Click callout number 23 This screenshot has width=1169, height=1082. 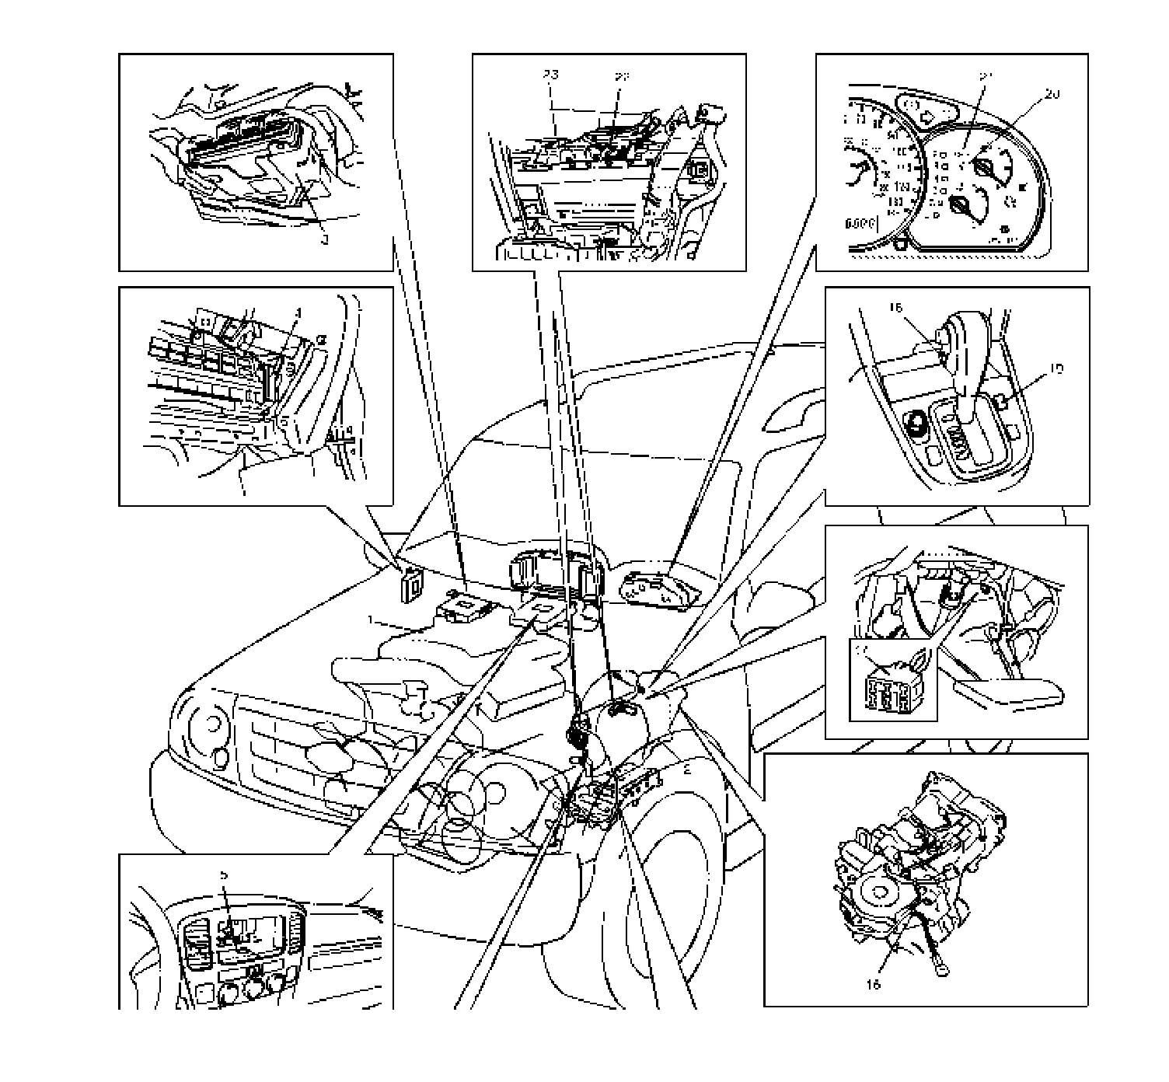point(551,76)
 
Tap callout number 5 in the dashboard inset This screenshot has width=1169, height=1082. point(225,874)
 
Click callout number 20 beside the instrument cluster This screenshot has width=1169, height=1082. point(1052,94)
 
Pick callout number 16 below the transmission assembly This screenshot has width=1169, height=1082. point(873,984)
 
